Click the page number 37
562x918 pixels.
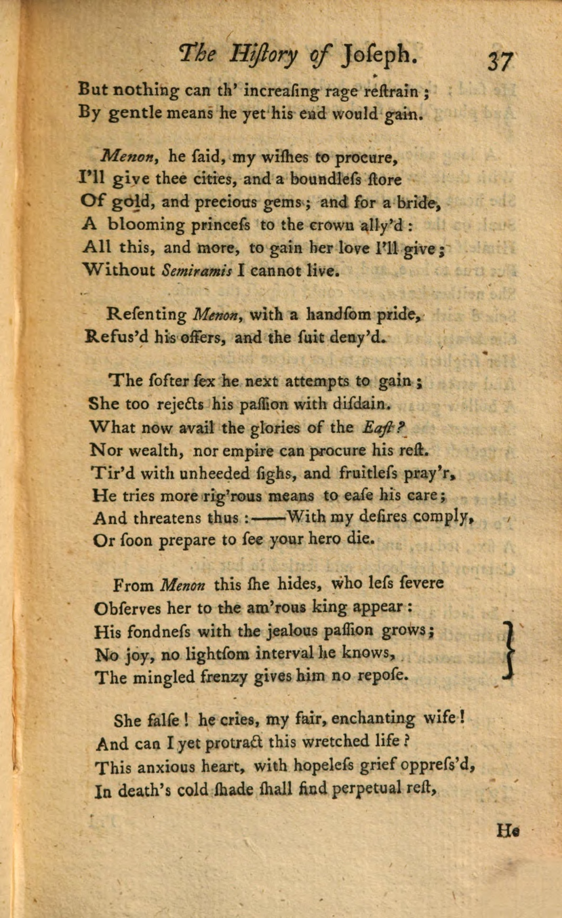[x=499, y=61]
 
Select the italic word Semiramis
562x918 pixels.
[x=197, y=271]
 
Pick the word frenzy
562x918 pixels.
[x=223, y=676]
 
